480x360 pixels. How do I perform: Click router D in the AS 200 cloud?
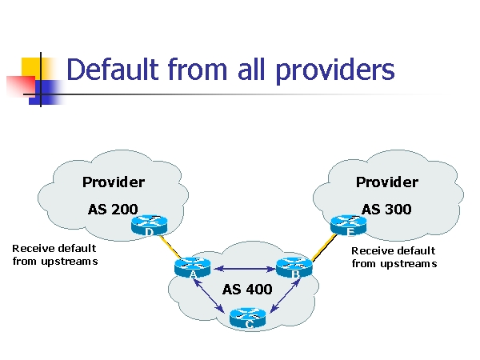(x=149, y=226)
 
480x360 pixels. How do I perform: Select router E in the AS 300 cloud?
(x=349, y=225)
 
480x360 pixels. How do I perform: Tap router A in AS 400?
(x=191, y=268)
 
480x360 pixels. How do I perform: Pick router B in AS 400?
(x=294, y=268)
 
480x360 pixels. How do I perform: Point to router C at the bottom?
(x=247, y=318)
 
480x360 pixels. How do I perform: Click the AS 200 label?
(x=113, y=210)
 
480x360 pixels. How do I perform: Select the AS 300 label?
(x=386, y=210)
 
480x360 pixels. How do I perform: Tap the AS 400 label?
(x=247, y=289)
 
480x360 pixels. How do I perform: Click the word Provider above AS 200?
(x=114, y=182)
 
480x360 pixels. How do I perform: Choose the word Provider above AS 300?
(x=387, y=182)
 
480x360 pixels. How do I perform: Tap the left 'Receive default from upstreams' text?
(x=54, y=254)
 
